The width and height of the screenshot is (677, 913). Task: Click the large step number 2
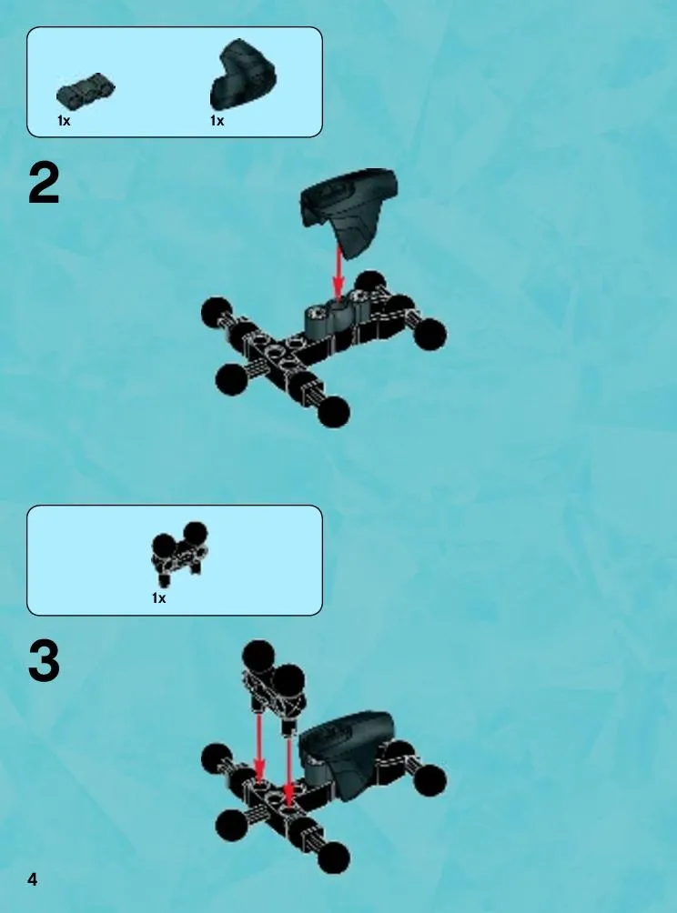[x=44, y=184]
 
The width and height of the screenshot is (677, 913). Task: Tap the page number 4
[x=32, y=879]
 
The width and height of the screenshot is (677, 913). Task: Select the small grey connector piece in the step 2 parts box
[x=86, y=90]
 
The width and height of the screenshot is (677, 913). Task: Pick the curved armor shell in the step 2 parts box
[x=243, y=75]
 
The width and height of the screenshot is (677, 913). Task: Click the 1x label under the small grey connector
[x=64, y=121]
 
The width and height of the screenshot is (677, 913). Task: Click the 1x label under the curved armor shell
[x=217, y=121]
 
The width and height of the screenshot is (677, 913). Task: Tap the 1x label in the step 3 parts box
[x=158, y=598]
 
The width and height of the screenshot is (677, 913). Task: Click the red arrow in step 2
[x=338, y=273]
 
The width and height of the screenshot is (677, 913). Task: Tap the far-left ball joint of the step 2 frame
[x=217, y=313]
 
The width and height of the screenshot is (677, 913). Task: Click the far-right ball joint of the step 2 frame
[x=430, y=334]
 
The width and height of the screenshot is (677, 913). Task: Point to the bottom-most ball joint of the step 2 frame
[x=334, y=412]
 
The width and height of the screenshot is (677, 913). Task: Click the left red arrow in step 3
[x=260, y=748]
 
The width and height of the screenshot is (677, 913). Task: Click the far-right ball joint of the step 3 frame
[x=430, y=780]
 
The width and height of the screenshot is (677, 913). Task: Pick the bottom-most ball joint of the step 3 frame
[x=334, y=858]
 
